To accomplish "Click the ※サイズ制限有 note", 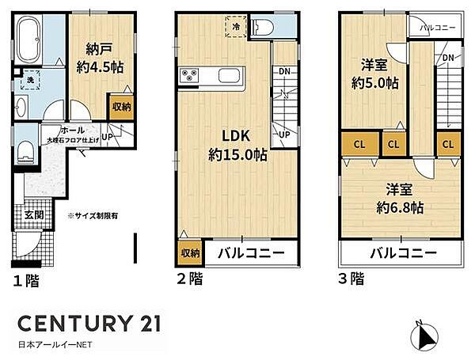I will (93, 214).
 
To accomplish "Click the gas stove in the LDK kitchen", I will (192, 77).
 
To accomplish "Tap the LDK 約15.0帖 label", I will (237, 144).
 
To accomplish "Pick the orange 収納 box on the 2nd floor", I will (188, 253).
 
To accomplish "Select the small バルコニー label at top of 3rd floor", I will (435, 26).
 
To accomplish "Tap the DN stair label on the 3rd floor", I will (447, 58).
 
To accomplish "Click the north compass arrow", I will (426, 336).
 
